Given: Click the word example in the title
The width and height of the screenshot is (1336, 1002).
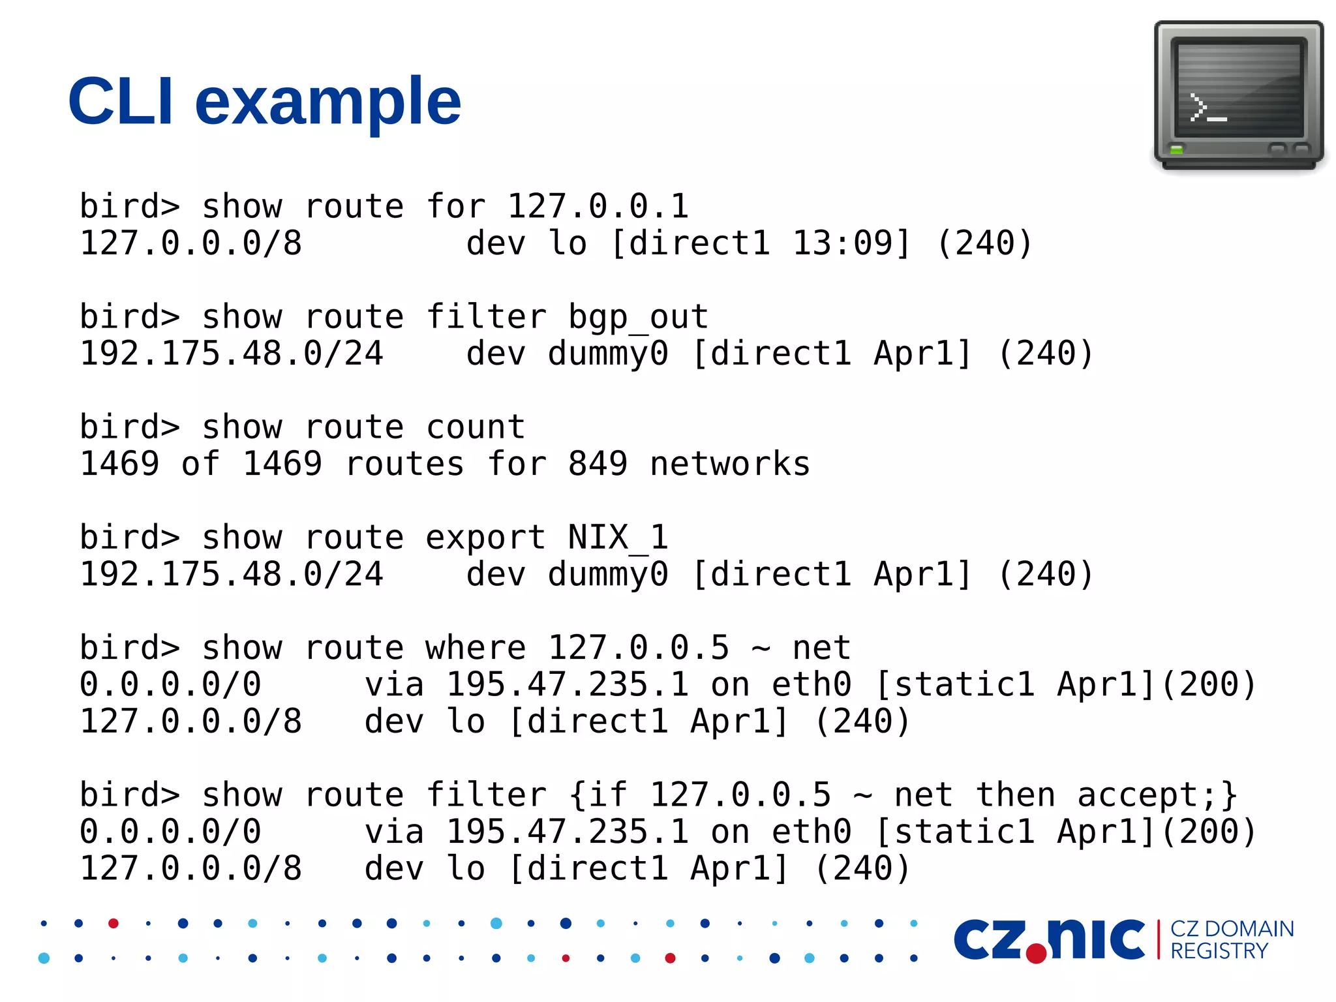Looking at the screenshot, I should (327, 103).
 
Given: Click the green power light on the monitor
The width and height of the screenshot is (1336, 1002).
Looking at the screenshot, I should (1176, 150).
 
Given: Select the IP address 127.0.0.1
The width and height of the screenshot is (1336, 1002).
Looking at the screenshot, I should (598, 207).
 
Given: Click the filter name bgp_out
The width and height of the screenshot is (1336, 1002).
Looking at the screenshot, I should (638, 318).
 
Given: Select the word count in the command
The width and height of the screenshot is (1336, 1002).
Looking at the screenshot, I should (476, 428).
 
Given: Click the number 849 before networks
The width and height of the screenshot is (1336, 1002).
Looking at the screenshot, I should (598, 464).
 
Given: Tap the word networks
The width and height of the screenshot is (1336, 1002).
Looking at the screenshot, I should (730, 464).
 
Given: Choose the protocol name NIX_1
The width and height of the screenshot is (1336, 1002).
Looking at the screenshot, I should (618, 538).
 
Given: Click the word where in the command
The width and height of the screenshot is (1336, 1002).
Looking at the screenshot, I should (476, 648).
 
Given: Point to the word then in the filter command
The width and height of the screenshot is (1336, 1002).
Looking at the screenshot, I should (1015, 795).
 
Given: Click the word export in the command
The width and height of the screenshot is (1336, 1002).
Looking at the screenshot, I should (485, 538).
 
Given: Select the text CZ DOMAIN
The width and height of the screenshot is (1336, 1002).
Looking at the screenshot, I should (1232, 929).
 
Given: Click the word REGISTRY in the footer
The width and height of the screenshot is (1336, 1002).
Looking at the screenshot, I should (1219, 952).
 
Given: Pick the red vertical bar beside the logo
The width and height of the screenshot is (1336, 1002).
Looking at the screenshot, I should (1159, 939).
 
